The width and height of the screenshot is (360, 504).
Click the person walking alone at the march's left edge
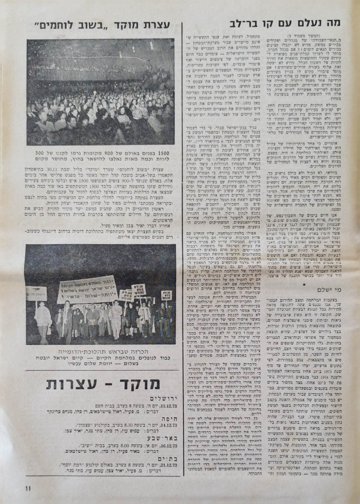[43, 320]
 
